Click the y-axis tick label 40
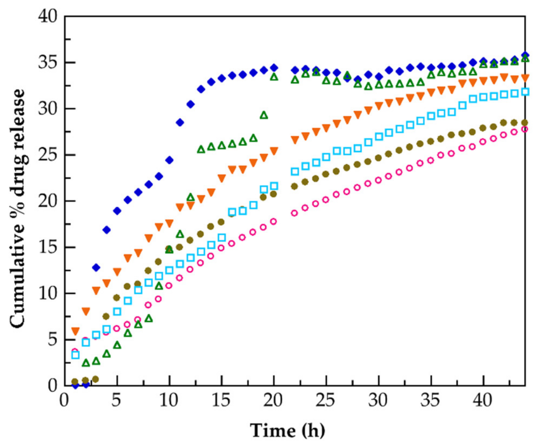(x=48, y=17)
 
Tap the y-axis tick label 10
(x=48, y=294)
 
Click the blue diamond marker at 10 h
(x=169, y=160)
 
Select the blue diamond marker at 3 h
(x=96, y=268)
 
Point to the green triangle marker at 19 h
(x=264, y=116)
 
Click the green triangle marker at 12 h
(x=191, y=197)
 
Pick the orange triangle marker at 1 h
(x=75, y=331)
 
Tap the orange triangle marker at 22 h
(x=295, y=140)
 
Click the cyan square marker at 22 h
(x=295, y=172)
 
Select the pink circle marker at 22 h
(x=294, y=213)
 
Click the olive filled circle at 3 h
(x=95, y=379)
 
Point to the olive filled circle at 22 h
(x=294, y=186)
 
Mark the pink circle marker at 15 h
(x=221, y=248)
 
